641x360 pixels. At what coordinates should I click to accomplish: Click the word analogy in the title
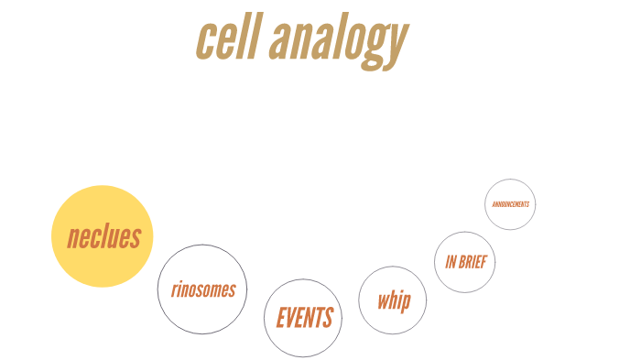point(340,42)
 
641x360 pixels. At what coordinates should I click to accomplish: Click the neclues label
point(103,237)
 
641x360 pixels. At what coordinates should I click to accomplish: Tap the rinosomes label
point(202,290)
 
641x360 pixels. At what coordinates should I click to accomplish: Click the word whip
point(393,300)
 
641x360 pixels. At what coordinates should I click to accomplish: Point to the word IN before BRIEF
point(451,262)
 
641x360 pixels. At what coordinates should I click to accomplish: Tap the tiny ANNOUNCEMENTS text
point(510,204)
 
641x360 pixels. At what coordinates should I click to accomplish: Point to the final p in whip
point(406,302)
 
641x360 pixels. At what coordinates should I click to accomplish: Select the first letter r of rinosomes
point(173,291)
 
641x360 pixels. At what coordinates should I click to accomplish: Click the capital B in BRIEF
point(462,262)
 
